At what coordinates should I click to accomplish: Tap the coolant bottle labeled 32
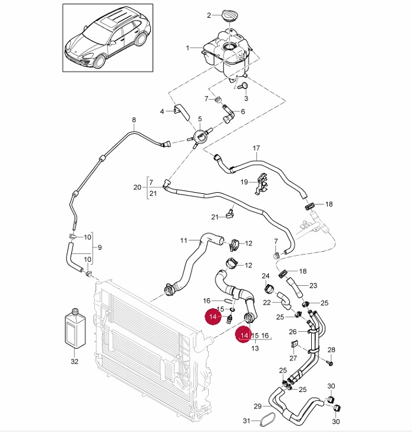pyautogui.click(x=75, y=331)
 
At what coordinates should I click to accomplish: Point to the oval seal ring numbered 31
pyautogui.click(x=269, y=420)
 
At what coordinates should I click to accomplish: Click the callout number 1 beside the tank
pyautogui.click(x=188, y=47)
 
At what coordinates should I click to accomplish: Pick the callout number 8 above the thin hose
pyautogui.click(x=134, y=120)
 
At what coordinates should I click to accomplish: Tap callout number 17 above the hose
pyautogui.click(x=256, y=148)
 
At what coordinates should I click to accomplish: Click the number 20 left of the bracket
pyautogui.click(x=137, y=187)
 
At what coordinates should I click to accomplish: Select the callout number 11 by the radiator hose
pyautogui.click(x=183, y=240)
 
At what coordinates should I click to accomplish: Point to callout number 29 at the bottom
pyautogui.click(x=257, y=407)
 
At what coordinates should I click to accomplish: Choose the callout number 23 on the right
pyautogui.click(x=313, y=285)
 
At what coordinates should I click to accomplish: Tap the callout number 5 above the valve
pyautogui.click(x=200, y=118)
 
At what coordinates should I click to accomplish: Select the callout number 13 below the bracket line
pyautogui.click(x=255, y=348)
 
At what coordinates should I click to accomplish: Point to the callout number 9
pyautogui.click(x=100, y=248)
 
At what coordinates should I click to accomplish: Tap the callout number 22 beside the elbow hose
pyautogui.click(x=267, y=302)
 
